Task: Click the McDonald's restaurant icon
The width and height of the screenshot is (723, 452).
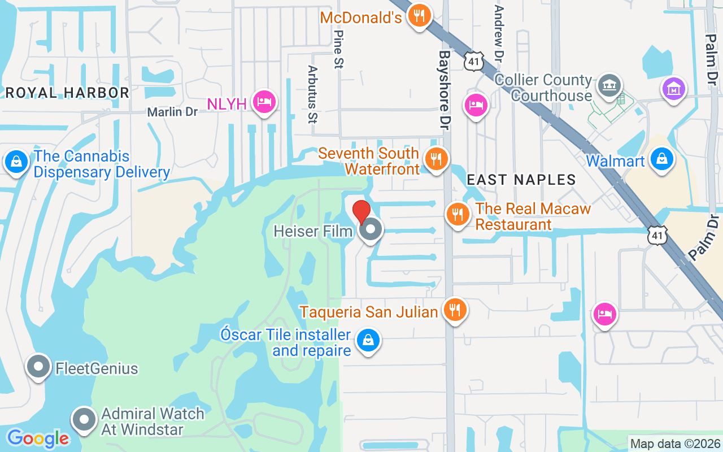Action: (x=419, y=16)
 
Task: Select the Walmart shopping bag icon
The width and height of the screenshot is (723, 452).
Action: (x=662, y=159)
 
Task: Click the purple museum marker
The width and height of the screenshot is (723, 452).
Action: (x=674, y=89)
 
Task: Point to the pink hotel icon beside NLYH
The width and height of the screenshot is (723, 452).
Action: (x=264, y=102)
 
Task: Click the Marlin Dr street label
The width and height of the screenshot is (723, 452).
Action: (x=172, y=112)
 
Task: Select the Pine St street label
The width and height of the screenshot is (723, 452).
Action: (x=339, y=49)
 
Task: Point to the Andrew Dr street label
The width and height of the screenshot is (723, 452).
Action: (x=498, y=34)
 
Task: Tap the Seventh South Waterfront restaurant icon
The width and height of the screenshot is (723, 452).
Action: (x=436, y=159)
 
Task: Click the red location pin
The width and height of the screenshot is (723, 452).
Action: (x=361, y=212)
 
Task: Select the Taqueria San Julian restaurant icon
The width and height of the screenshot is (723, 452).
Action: (x=454, y=310)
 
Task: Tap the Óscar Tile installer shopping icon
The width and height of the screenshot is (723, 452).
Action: (x=368, y=340)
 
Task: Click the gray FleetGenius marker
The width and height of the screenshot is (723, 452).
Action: (x=38, y=367)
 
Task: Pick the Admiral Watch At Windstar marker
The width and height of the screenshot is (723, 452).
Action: (x=85, y=420)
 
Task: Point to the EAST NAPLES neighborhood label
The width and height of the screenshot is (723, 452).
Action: (x=521, y=180)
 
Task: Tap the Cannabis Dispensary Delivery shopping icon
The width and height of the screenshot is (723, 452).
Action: (x=17, y=162)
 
